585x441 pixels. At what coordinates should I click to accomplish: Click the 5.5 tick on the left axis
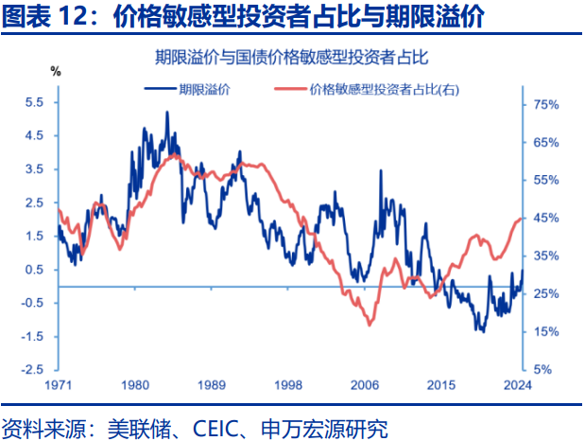(x=33, y=102)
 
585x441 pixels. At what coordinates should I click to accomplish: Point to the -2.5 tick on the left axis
(x=31, y=369)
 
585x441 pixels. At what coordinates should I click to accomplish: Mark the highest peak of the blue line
(x=167, y=112)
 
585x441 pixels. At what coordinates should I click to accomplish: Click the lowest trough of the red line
(x=369, y=325)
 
